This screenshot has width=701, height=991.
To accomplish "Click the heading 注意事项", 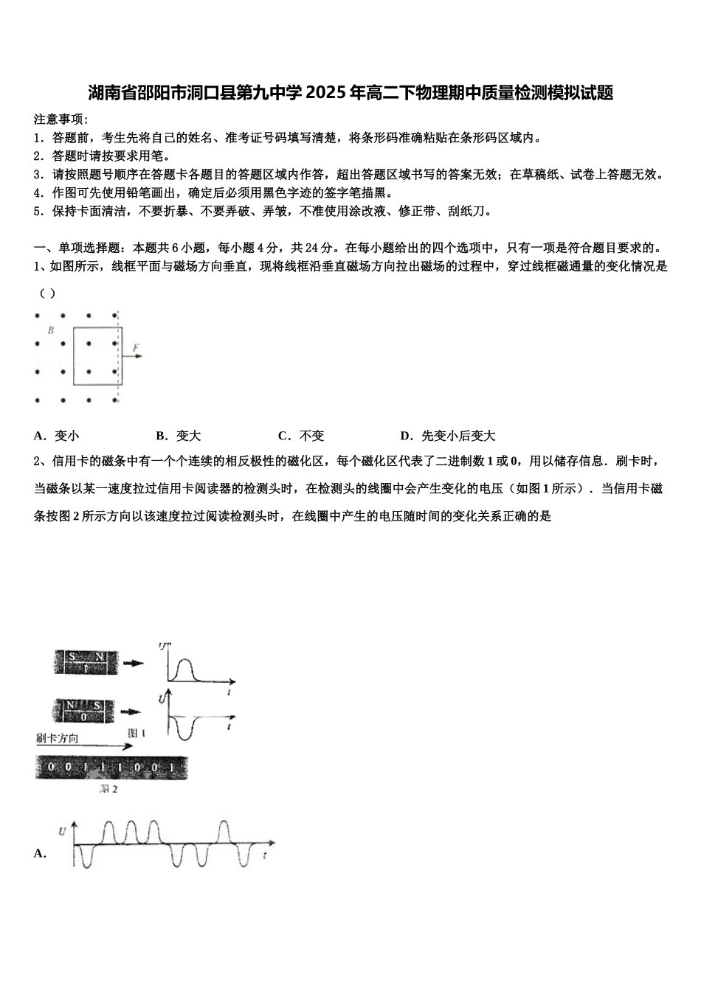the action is (x=60, y=119).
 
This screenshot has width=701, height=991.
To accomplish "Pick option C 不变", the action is (x=301, y=436).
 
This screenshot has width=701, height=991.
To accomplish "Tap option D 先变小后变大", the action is (x=448, y=436).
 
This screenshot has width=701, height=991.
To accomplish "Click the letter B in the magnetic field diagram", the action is (x=51, y=331).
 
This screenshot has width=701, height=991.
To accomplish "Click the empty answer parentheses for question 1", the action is (x=46, y=293).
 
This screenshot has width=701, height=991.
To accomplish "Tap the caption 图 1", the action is (x=137, y=733).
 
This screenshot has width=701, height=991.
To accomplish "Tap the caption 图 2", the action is (x=109, y=789).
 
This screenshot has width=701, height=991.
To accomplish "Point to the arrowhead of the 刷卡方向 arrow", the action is (x=130, y=747).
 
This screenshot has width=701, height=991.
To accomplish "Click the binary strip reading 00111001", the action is (x=111, y=768).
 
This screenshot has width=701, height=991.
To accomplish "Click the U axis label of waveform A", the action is (x=62, y=832).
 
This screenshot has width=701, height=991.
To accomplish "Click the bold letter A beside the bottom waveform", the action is (x=40, y=853).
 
